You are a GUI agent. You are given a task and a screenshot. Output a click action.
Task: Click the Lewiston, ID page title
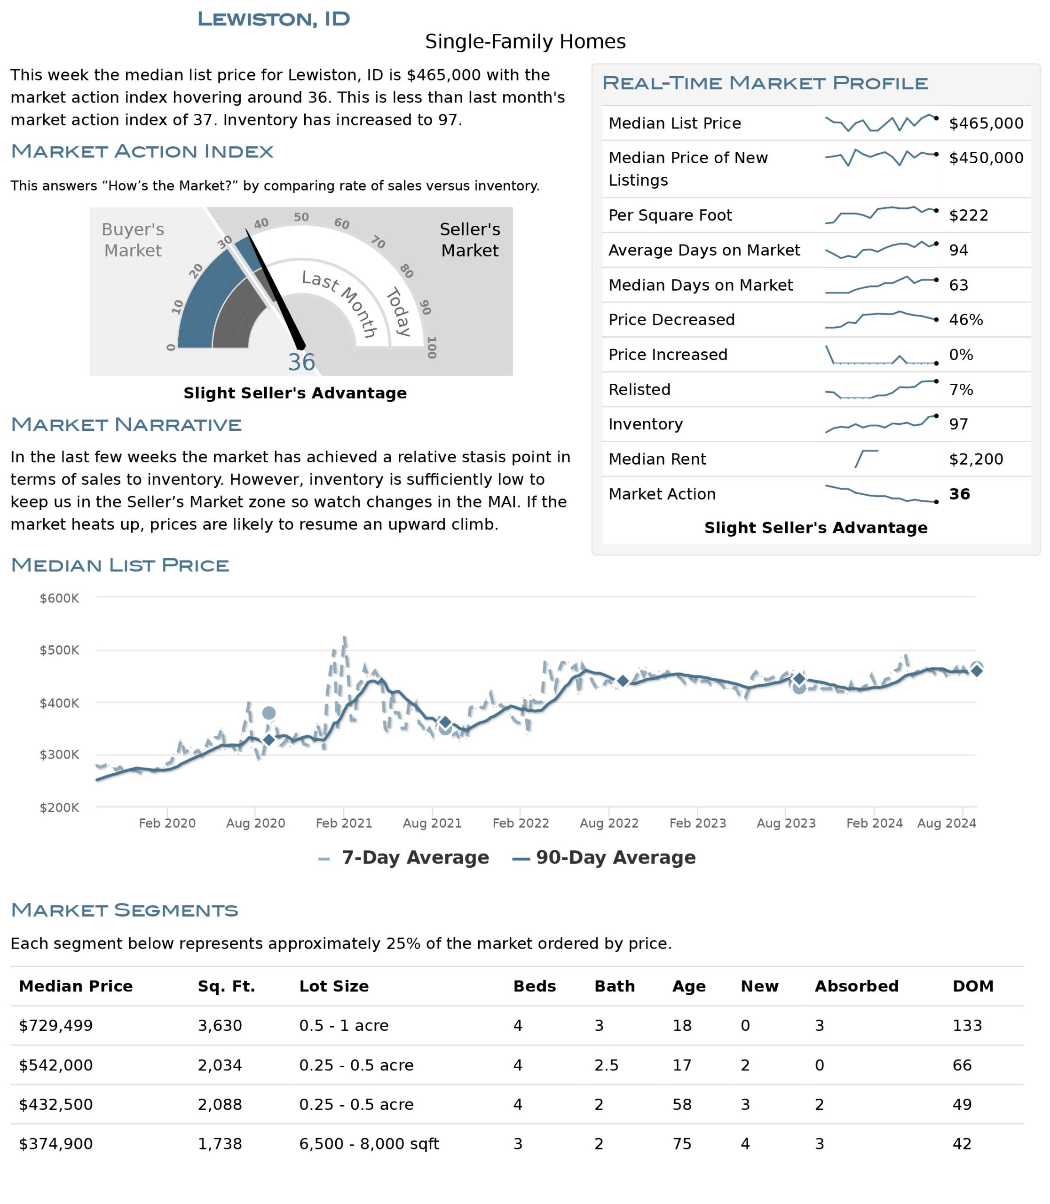274,19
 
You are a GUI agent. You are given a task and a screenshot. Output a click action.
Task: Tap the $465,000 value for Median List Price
986,123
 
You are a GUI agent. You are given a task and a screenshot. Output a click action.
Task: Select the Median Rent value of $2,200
976,459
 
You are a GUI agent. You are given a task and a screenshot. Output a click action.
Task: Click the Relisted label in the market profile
639,389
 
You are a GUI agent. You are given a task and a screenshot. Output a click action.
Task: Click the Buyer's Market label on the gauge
133,240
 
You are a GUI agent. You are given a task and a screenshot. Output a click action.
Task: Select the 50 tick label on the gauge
301,217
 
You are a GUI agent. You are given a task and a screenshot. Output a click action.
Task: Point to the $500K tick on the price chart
59,650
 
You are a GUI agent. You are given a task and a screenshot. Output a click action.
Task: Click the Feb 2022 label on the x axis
521,823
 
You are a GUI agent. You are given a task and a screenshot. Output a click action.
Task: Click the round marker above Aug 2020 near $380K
269,713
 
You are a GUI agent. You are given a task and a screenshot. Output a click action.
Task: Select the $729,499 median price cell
55,1025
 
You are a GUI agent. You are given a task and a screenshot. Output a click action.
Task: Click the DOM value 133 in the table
967,1025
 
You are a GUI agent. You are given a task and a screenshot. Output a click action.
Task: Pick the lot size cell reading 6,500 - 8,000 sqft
369,1144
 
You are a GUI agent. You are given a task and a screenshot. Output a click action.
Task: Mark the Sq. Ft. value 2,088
220,1104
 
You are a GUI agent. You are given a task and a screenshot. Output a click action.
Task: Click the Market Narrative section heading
126,424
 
